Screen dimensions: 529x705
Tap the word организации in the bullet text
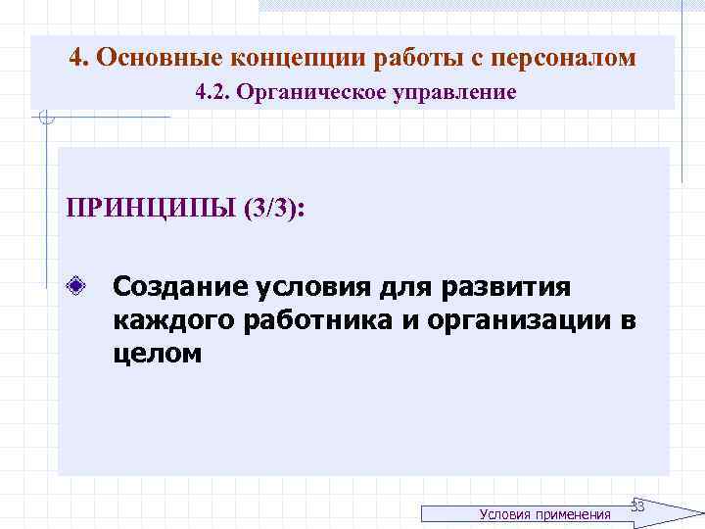pos(514,320)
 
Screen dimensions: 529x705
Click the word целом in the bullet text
pos(157,354)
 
